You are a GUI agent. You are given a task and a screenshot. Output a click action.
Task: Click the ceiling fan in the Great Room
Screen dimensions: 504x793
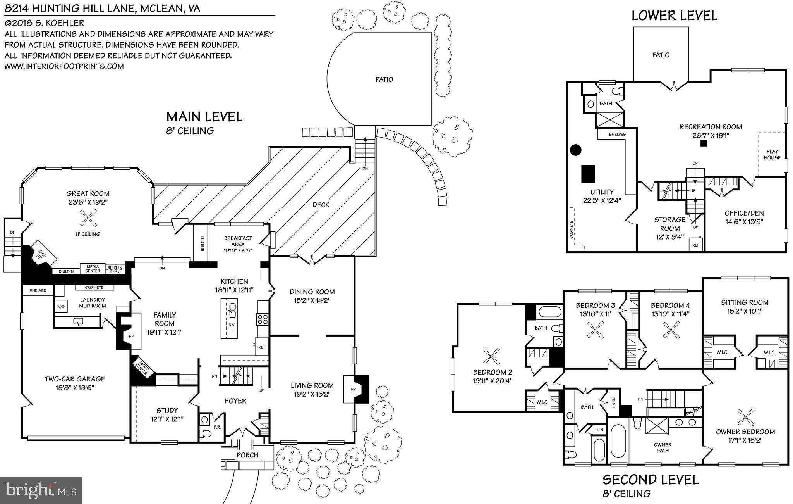(88, 217)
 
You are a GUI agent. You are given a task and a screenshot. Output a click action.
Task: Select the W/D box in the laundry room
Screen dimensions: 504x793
(61, 306)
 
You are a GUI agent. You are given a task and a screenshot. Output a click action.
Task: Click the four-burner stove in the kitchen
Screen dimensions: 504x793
(263, 319)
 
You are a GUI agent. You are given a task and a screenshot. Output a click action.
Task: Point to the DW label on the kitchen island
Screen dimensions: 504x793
(231, 324)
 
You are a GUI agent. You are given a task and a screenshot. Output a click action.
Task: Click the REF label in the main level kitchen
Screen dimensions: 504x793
(262, 347)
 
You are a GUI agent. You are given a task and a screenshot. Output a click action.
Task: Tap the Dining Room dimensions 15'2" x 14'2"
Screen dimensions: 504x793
(312, 300)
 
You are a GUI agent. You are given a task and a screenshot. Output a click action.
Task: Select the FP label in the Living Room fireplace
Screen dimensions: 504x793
(353, 389)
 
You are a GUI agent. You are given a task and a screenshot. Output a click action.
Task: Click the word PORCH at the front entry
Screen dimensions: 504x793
(247, 455)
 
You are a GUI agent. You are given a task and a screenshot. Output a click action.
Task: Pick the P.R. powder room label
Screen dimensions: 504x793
(217, 427)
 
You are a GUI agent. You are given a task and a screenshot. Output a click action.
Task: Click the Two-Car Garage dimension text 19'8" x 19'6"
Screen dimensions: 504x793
(75, 387)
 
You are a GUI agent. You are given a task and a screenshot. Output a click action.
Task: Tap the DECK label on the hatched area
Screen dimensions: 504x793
(321, 205)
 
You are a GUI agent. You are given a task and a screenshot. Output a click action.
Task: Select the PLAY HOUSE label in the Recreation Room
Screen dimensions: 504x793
(772, 155)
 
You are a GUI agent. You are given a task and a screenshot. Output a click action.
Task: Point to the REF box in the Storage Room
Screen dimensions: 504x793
(696, 245)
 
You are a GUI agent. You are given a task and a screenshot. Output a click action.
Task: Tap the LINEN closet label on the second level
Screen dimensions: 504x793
(614, 404)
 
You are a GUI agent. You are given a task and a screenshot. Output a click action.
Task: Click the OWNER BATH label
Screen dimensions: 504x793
(663, 447)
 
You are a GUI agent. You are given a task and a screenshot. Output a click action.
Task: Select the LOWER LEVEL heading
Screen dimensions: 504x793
(675, 16)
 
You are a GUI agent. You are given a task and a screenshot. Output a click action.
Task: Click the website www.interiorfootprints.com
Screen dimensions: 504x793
(64, 66)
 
